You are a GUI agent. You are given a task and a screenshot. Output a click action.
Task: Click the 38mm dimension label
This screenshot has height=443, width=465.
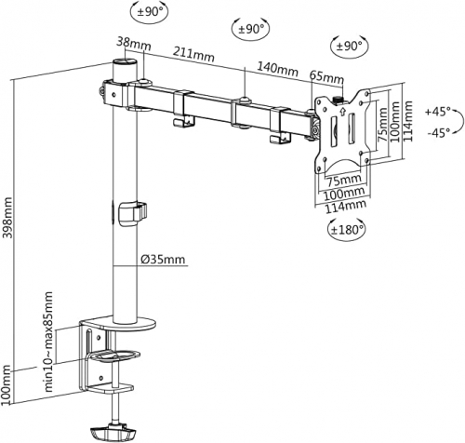pyautogui.click(x=134, y=44)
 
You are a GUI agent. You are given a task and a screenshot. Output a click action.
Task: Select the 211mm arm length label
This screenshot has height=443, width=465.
pyautogui.click(x=193, y=54)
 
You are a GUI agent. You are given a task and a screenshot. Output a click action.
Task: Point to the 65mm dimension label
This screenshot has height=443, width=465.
pyautogui.click(x=326, y=78)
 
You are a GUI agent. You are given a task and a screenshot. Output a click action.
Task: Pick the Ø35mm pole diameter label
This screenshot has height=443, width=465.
pyautogui.click(x=163, y=259)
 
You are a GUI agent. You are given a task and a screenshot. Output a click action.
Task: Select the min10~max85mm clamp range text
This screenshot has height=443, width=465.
pyautogui.click(x=48, y=342)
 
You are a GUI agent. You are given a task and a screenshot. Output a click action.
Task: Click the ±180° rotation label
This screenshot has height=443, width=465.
pyautogui.click(x=347, y=230)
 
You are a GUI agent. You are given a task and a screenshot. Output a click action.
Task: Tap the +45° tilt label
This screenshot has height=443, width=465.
pyautogui.click(x=437, y=112)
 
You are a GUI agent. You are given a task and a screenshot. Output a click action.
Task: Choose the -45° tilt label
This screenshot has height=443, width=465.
pyautogui.click(x=439, y=133)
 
